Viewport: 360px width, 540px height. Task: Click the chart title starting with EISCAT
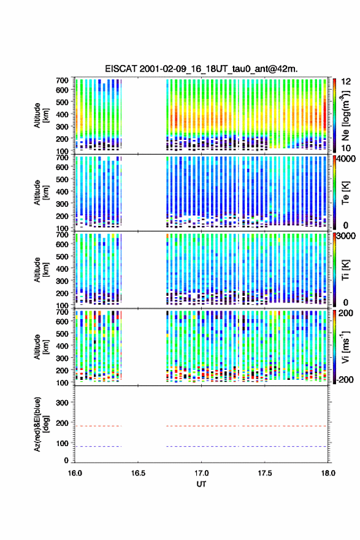point(201,69)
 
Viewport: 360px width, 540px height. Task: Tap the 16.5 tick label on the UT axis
point(138,473)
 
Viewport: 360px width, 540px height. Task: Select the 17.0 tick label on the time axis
point(201,473)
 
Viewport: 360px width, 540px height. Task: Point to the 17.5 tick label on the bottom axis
point(265,473)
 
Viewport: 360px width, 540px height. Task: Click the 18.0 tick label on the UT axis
point(328,473)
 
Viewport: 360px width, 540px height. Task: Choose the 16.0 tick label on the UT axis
point(75,473)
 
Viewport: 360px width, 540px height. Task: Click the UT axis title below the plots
point(201,484)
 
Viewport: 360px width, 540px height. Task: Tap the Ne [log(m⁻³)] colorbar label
point(345,115)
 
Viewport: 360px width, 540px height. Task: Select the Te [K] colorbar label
point(345,193)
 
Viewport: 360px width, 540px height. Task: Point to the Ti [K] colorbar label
point(345,269)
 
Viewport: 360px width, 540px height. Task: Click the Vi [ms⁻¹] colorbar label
point(345,347)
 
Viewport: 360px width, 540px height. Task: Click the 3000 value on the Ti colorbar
point(346,236)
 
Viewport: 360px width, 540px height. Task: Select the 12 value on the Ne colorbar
point(346,82)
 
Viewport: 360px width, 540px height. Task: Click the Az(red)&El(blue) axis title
point(41,424)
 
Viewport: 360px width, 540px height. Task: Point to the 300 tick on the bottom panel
point(63,403)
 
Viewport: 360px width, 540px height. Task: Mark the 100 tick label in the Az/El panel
point(63,443)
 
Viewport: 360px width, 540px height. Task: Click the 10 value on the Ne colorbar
point(346,148)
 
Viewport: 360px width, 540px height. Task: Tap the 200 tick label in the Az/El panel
point(63,423)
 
